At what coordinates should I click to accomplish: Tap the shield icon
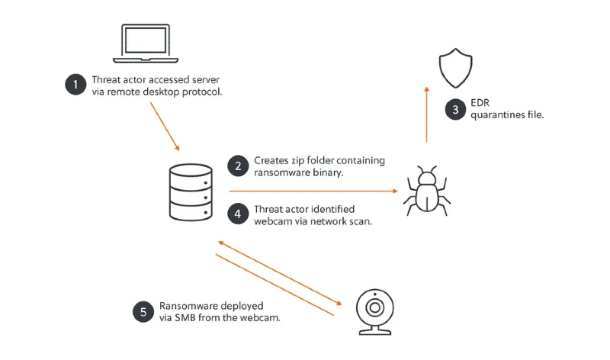(x=457, y=66)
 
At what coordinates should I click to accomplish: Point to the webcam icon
(x=374, y=310)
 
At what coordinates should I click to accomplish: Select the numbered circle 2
(x=239, y=166)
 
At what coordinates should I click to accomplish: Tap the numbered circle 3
(x=455, y=110)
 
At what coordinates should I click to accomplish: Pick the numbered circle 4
(x=239, y=214)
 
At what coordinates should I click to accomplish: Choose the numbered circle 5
(x=142, y=310)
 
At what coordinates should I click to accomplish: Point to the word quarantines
(x=499, y=116)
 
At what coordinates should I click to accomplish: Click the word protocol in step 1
(x=203, y=92)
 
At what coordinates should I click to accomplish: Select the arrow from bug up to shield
(x=426, y=114)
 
